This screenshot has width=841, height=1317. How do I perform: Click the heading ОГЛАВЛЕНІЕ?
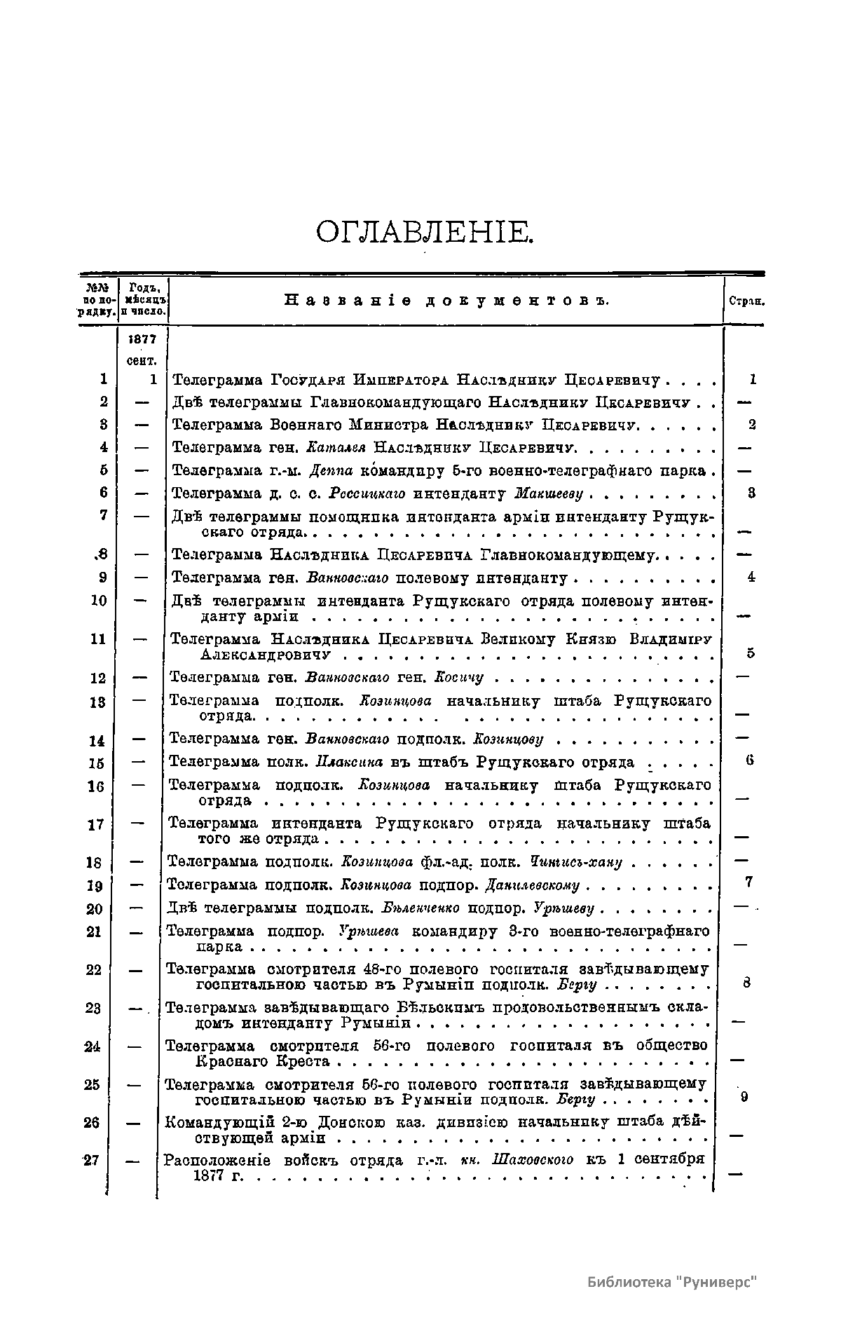(x=425, y=232)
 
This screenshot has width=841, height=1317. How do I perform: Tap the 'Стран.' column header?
(x=746, y=302)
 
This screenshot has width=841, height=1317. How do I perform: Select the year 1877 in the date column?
(x=143, y=339)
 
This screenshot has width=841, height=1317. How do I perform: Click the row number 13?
(x=97, y=702)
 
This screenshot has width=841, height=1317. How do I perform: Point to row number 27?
(x=91, y=1159)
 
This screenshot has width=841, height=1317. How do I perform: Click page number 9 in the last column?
(x=744, y=1097)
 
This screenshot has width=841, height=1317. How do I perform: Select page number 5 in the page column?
(x=750, y=653)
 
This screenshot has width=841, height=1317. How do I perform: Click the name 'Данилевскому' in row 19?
(x=533, y=885)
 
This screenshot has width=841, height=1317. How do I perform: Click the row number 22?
(x=93, y=970)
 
